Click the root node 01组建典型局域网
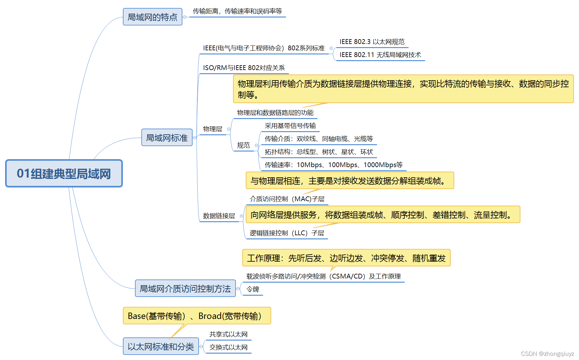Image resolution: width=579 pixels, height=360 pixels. coord(64,173)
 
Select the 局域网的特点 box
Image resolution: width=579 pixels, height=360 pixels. coord(152,17)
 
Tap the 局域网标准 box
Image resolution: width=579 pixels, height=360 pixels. coord(167,138)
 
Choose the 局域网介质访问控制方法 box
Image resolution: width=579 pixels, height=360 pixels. coord(185,288)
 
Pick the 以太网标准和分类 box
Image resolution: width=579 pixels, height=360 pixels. coord(161,346)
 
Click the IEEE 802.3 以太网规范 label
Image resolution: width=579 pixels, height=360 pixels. coord(372,42)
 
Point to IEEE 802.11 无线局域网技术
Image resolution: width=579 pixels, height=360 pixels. coord(380,55)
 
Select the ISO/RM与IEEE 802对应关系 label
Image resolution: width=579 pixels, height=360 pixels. coord(244,68)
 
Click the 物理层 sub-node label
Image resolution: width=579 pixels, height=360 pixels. coord(213,129)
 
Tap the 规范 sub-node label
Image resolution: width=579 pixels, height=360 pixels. coord(244,145)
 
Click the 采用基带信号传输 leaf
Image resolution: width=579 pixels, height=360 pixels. coord(290,126)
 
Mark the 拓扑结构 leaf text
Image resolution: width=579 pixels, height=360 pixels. coord(319,152)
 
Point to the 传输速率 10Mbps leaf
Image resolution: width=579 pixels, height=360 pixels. coord(333,165)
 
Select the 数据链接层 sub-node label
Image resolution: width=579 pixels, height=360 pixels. coord(219,216)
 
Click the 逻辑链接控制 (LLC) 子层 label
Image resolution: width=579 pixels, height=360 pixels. coord(287,233)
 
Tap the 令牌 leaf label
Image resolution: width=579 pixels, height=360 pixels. coord(253,289)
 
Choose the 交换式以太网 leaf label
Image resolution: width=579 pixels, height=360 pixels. coord(228,347)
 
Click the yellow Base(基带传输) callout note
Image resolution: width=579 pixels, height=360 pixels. coord(197,316)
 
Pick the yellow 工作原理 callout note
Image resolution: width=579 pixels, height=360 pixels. coord(346,258)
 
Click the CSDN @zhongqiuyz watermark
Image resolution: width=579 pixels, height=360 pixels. coord(547,354)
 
